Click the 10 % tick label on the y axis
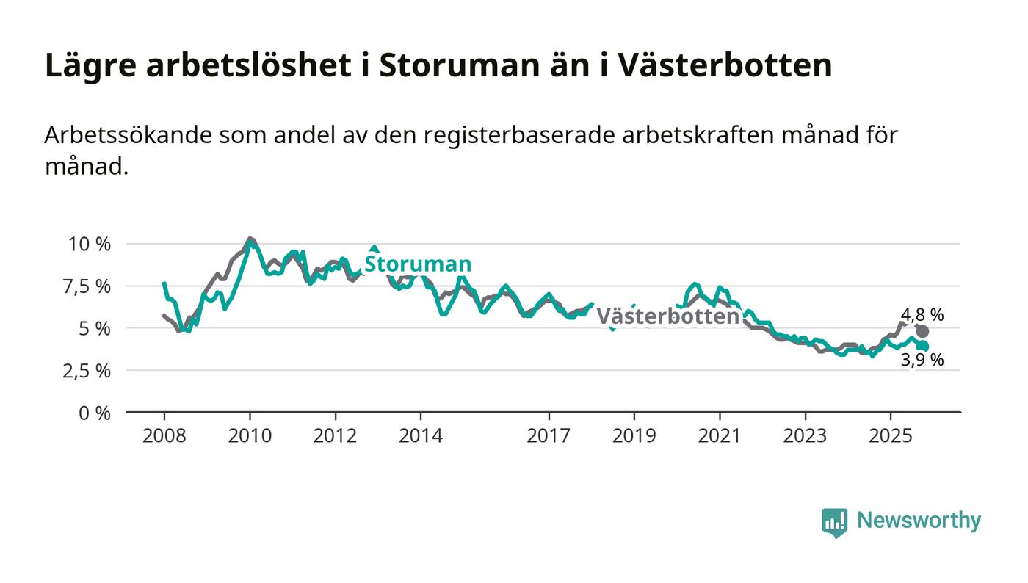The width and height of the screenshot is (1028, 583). tap(89, 244)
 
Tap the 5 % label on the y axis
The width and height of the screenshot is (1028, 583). tap(95, 328)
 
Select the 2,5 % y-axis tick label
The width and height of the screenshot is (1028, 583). tap(88, 371)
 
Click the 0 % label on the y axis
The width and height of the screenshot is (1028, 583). tap(95, 413)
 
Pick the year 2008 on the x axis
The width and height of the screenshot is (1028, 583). tap(164, 436)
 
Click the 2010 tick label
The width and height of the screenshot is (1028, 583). tap(250, 436)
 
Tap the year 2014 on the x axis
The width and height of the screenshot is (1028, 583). tap(421, 436)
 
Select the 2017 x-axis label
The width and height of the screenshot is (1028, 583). tap(549, 436)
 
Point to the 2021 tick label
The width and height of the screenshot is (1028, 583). tap(720, 436)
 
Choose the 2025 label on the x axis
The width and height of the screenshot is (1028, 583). tap(890, 436)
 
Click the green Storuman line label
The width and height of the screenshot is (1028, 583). tap(418, 264)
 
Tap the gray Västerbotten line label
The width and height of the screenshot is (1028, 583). tap(667, 316)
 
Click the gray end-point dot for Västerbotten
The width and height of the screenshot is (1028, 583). tap(922, 331)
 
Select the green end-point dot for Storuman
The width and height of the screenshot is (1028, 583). tap(923, 346)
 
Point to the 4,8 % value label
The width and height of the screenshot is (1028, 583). tap(922, 315)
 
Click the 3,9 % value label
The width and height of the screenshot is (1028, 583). tap(922, 360)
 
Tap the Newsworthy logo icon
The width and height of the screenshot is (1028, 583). tap(834, 522)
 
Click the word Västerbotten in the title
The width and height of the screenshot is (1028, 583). tap(724, 65)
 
